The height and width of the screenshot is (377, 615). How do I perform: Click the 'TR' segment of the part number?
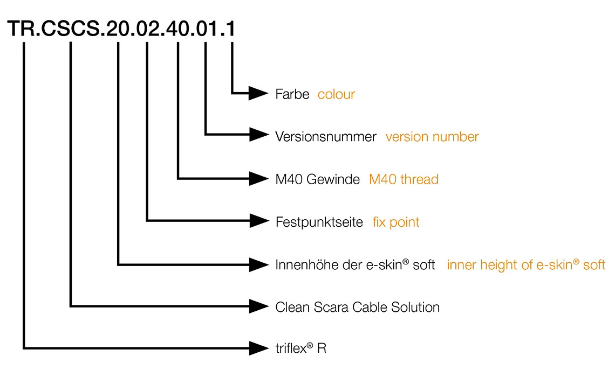tap(23, 29)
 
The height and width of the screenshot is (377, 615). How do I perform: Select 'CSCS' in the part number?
tap(70, 29)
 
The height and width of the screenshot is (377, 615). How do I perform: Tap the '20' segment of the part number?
tap(118, 29)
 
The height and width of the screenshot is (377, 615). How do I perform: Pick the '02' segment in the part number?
tap(147, 29)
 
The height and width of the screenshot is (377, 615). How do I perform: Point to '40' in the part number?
tap(177, 29)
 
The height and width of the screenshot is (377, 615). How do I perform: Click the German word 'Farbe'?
tap(292, 94)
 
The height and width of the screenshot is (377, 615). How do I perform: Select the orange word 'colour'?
tap(336, 94)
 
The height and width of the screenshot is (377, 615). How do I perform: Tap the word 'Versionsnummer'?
tap(326, 137)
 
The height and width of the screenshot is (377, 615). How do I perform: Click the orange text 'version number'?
tap(432, 137)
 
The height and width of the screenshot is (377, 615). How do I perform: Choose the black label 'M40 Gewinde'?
tap(317, 179)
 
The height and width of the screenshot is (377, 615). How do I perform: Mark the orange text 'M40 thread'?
tap(404, 179)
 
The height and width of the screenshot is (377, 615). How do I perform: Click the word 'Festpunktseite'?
tap(319, 222)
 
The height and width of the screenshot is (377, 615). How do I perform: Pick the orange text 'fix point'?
tap(396, 222)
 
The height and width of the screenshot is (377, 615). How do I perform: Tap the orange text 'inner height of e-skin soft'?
tap(526, 265)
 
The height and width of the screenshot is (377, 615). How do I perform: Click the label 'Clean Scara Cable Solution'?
tap(357, 307)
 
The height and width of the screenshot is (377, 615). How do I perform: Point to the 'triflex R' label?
tap(300, 348)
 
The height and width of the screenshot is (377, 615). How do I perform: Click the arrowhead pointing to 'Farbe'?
tap(258, 93)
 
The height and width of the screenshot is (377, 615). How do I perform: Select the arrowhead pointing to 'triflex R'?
tap(258, 348)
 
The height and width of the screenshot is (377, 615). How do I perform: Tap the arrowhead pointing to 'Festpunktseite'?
tap(258, 221)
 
